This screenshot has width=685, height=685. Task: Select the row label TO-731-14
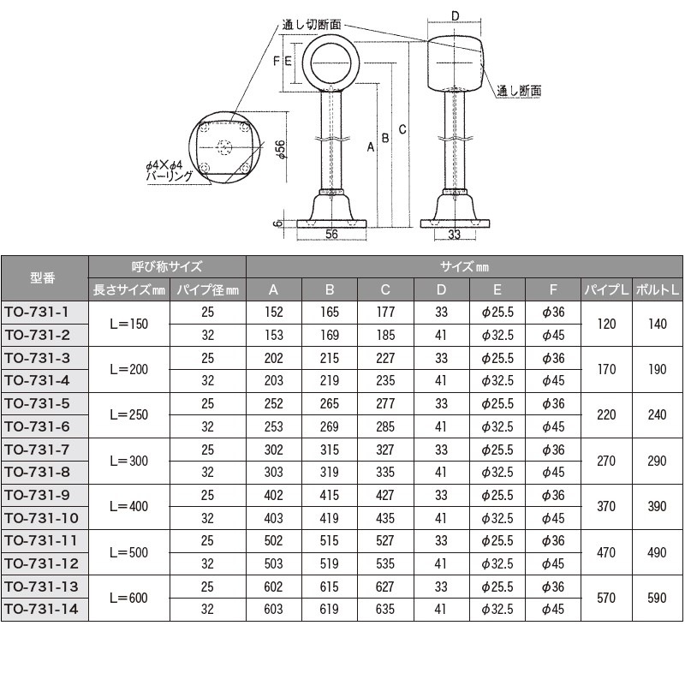click(45, 609)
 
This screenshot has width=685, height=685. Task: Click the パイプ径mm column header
click(208, 289)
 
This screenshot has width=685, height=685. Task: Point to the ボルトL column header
click(657, 289)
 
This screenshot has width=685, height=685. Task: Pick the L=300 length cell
click(129, 461)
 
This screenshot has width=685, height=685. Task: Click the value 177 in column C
click(385, 313)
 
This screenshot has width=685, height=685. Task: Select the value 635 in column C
click(385, 609)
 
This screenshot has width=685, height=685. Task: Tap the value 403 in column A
click(274, 518)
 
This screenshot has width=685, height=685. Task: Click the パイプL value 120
click(606, 324)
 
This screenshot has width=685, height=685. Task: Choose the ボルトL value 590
click(657, 598)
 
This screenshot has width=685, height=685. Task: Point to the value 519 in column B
click(330, 563)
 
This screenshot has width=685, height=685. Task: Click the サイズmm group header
click(465, 266)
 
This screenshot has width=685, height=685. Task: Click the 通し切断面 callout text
click(311, 25)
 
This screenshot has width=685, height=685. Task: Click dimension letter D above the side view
click(455, 15)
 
